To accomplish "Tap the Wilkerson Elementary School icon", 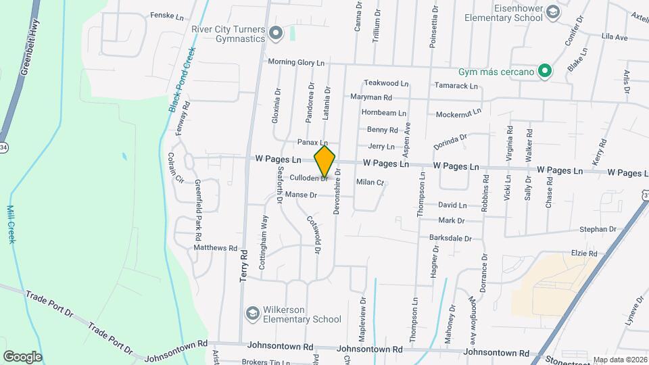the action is click(253, 313).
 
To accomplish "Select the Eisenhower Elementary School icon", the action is click(553, 12).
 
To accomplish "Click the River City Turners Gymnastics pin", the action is click(275, 32).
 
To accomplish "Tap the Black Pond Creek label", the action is click(180, 80).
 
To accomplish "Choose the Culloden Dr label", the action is click(308, 178).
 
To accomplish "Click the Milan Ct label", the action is click(370, 182).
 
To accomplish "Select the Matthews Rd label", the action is click(216, 248).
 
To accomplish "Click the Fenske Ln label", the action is click(167, 16).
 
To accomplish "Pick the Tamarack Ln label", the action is click(456, 86).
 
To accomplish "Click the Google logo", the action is click(22, 356).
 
